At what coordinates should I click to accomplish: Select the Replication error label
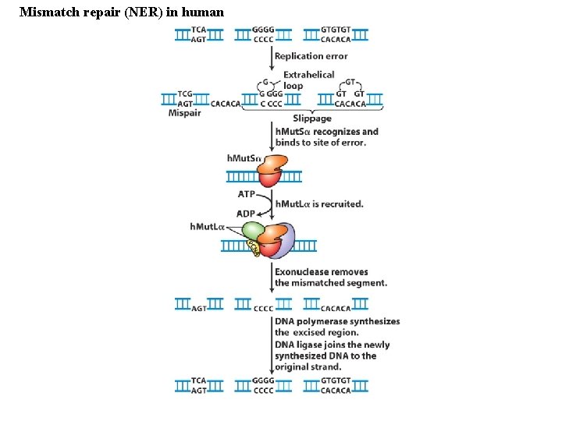pyautogui.click(x=311, y=56)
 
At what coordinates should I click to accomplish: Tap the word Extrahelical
pyautogui.click(x=308, y=75)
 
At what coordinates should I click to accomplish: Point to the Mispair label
pyautogui.click(x=184, y=113)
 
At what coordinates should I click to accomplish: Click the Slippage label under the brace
pyautogui.click(x=312, y=119)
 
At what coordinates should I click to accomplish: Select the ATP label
pyautogui.click(x=247, y=194)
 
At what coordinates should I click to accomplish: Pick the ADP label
pyautogui.click(x=246, y=214)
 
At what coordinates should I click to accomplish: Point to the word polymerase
pyautogui.click(x=327, y=321)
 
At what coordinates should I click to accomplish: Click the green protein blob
pyautogui.click(x=253, y=230)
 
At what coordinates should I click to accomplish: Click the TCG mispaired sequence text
pyautogui.click(x=185, y=94)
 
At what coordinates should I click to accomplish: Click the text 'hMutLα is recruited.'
pyautogui.click(x=319, y=204)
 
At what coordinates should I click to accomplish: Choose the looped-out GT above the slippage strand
pyautogui.click(x=350, y=81)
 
